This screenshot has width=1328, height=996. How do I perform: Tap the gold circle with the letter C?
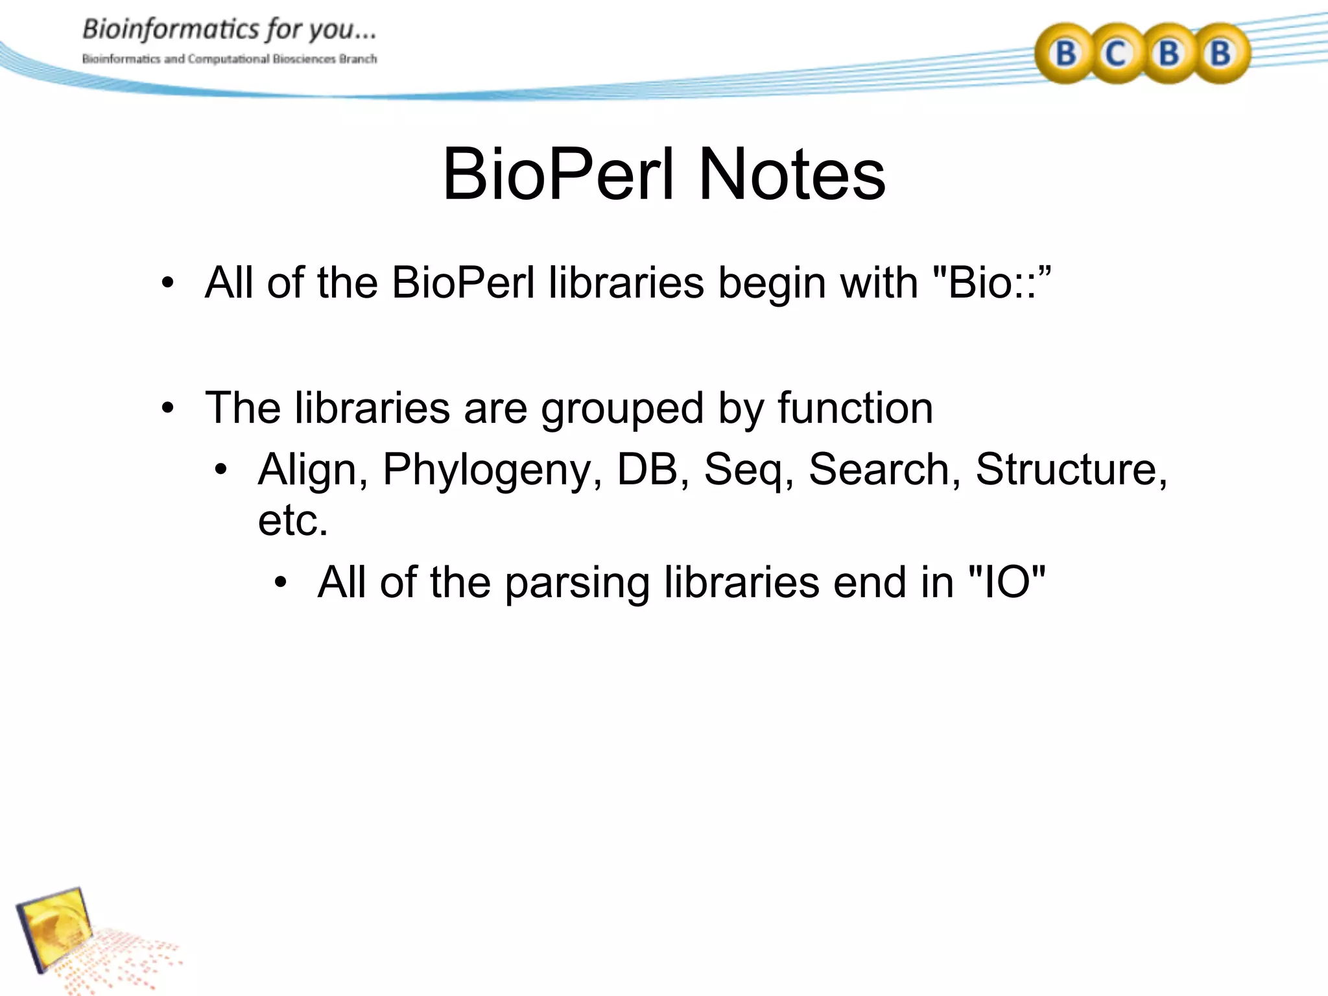click(1115, 54)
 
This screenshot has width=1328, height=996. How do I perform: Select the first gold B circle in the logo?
click(1065, 54)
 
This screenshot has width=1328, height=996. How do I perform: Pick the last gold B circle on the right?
click(1220, 54)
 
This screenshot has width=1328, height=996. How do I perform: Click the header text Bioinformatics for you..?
click(228, 30)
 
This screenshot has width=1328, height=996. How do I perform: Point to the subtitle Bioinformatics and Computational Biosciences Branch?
click(229, 59)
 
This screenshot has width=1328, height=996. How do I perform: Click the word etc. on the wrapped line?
click(292, 520)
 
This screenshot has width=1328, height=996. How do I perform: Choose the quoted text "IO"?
click(1006, 582)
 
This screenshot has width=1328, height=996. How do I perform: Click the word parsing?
click(577, 583)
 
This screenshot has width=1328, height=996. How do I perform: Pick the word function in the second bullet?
click(855, 409)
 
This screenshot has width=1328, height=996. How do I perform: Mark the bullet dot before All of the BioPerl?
click(168, 283)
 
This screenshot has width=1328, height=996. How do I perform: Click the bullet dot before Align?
click(222, 469)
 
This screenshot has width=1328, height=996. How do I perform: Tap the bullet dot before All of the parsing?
click(281, 582)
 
